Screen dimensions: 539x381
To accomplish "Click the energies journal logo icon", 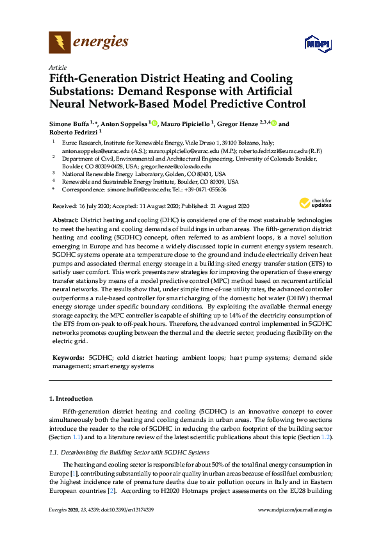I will click(x=60, y=43).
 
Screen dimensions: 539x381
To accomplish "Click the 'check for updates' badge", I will click(x=314, y=203).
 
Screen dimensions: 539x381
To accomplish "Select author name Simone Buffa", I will click(x=70, y=124).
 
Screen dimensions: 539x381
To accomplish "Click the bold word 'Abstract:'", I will click(x=64, y=220).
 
